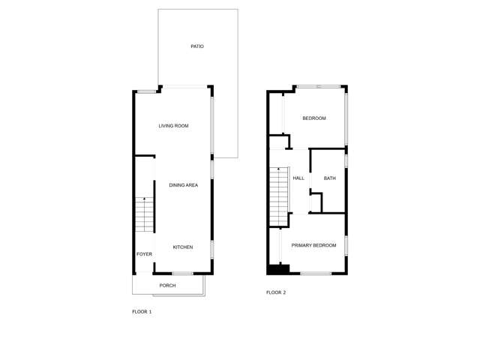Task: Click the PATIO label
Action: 197,46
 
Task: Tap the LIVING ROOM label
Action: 173,126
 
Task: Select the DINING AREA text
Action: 183,184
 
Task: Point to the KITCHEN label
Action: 183,247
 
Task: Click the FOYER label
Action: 144,254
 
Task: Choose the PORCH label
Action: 167,285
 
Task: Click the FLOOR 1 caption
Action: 142,311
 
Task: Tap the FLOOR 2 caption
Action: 276,292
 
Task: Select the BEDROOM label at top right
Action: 314,118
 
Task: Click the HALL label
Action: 298,178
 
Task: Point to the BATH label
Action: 329,178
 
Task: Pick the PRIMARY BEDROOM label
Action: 313,245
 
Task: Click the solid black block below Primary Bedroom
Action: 279,268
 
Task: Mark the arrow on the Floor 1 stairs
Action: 144,200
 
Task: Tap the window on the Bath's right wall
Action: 346,161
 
